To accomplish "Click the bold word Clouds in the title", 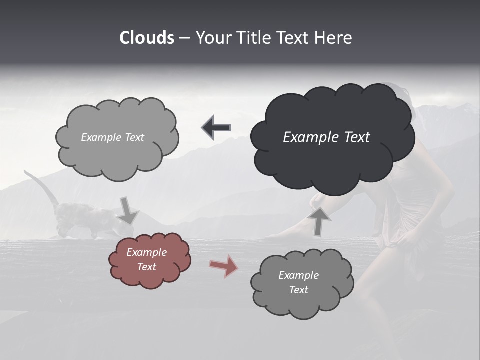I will (146, 38).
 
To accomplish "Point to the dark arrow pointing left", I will (216, 128).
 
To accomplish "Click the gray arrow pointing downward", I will (128, 210).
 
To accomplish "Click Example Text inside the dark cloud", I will (326, 137).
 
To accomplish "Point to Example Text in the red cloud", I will (146, 259).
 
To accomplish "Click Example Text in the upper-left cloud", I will (112, 137).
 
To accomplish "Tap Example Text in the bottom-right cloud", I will (298, 282).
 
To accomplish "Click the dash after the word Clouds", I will (183, 38).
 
